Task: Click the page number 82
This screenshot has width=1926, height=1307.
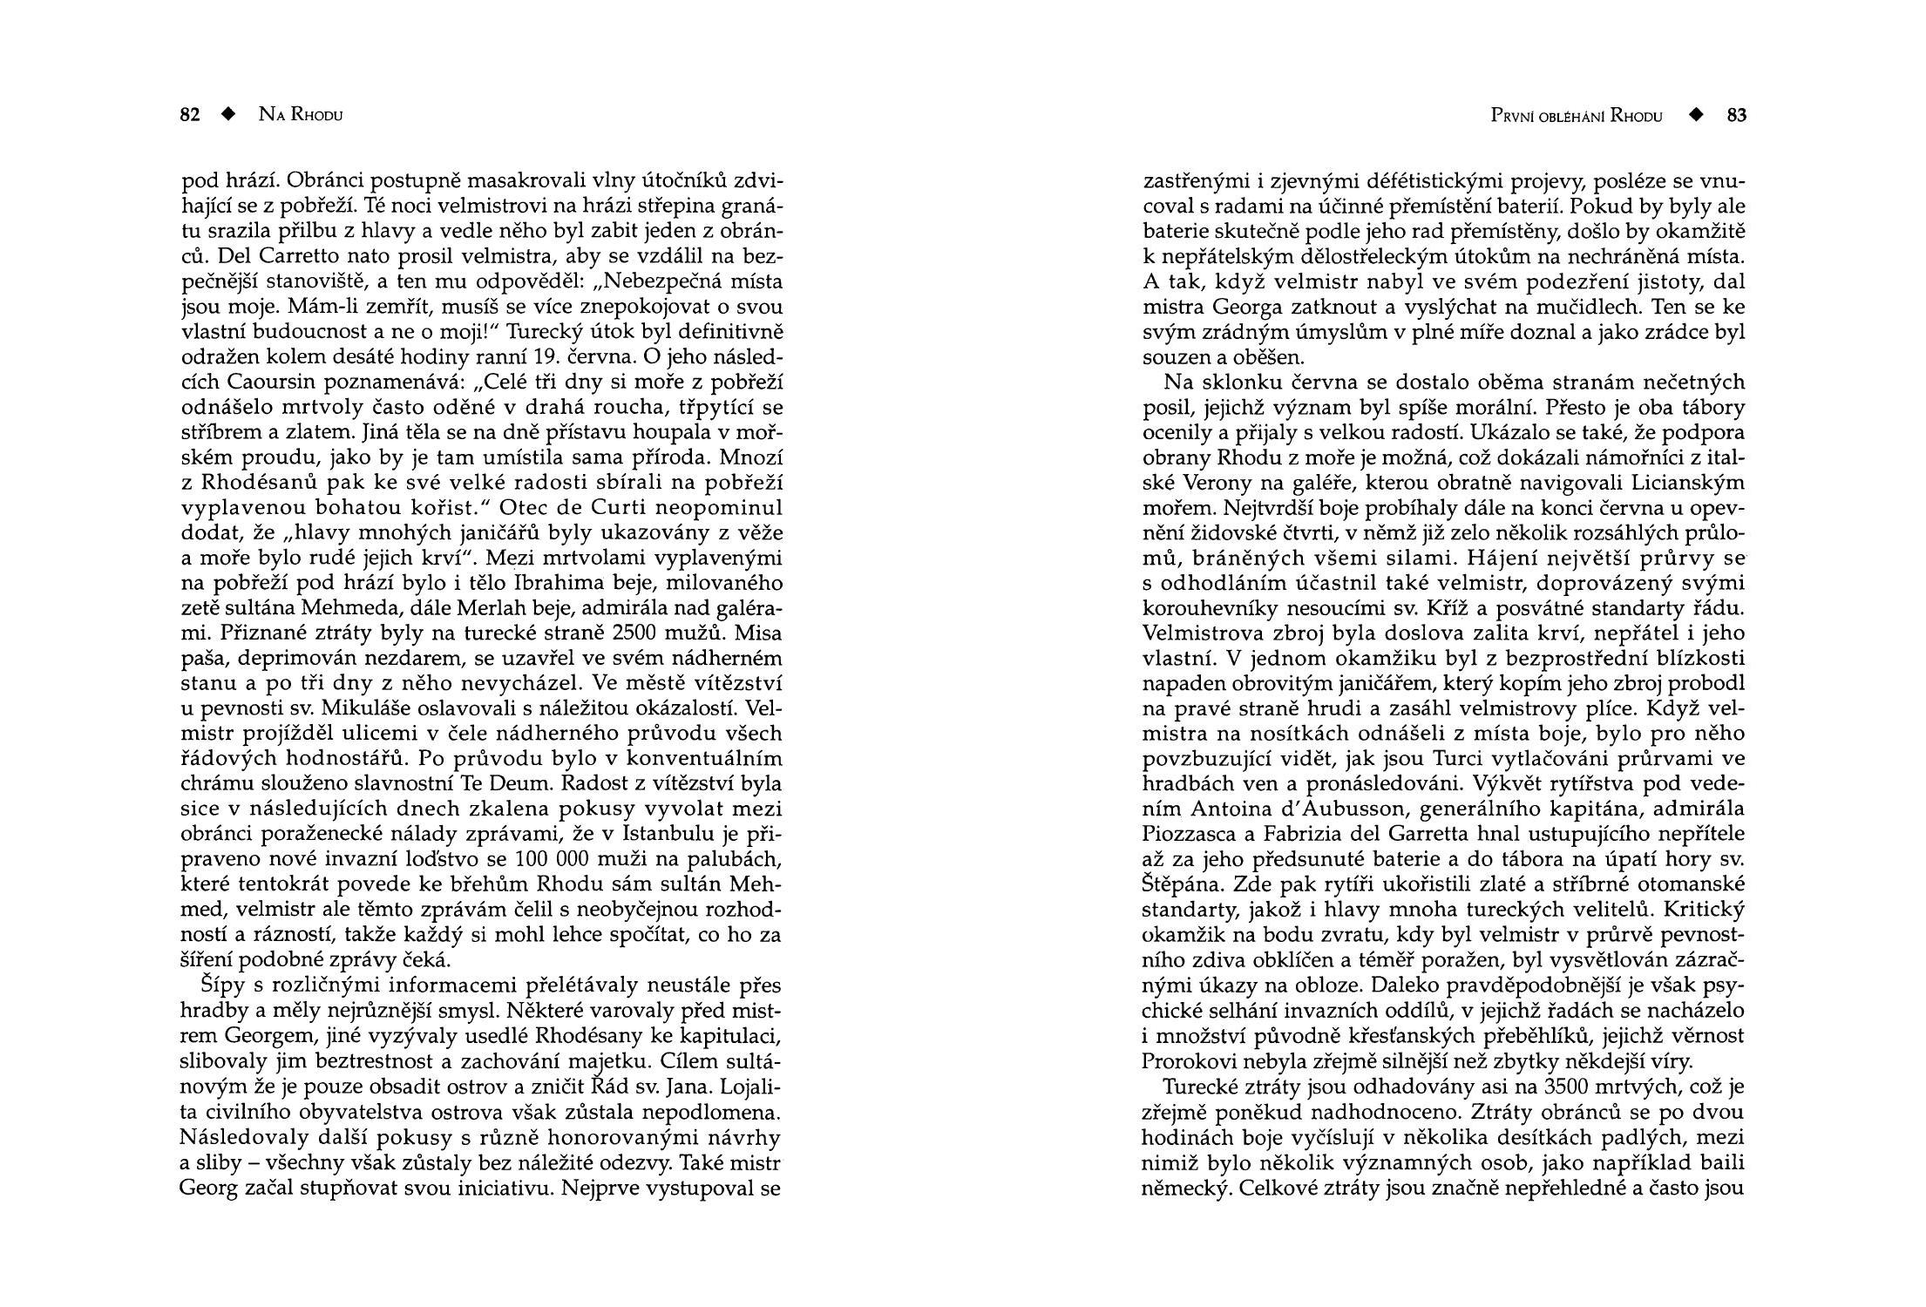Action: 190,115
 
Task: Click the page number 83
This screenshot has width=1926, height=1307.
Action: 1737,116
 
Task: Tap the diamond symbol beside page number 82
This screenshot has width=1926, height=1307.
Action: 228,115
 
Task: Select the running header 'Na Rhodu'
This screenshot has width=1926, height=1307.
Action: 301,115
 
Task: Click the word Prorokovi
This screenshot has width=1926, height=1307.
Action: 1187,1061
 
